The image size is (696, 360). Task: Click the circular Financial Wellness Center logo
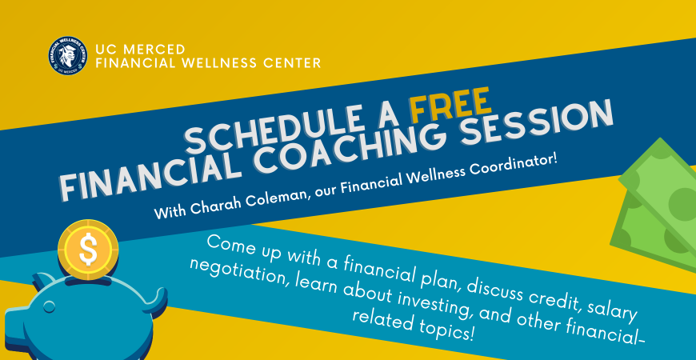[x=68, y=56]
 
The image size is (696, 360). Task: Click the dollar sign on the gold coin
[x=88, y=250]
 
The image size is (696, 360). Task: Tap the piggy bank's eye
[x=50, y=306]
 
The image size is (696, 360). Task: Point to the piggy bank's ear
[x=43, y=281]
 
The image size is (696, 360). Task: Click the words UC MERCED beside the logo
[x=140, y=49]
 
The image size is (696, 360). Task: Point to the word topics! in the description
[x=442, y=330]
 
